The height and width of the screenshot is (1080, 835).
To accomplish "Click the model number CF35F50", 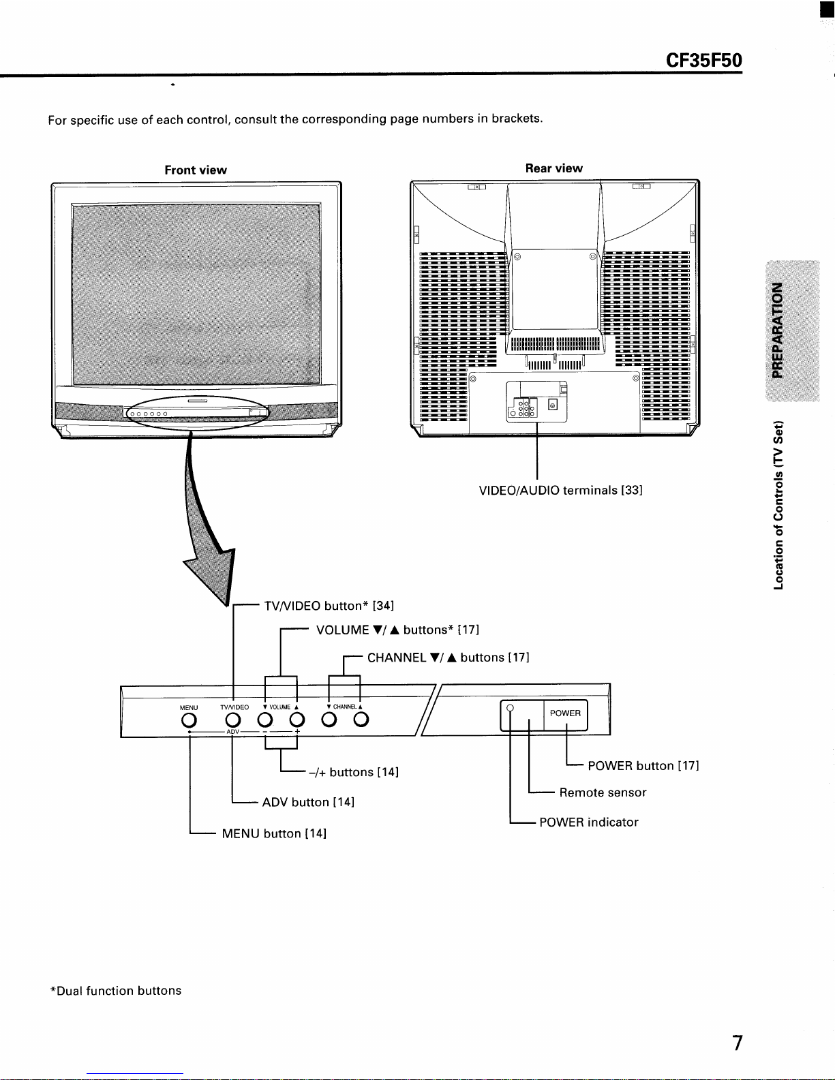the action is (x=703, y=60).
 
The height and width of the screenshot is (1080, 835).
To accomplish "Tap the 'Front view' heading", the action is (x=196, y=170).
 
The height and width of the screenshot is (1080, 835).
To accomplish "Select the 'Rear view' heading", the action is (x=553, y=168).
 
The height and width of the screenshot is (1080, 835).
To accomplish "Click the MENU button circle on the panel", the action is (x=189, y=720).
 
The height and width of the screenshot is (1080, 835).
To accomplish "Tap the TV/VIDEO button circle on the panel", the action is (x=232, y=720).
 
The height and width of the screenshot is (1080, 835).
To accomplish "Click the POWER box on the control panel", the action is (x=566, y=715).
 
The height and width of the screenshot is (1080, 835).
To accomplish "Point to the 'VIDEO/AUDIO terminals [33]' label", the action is (x=560, y=490).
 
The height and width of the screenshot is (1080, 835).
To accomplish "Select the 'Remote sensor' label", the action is (x=603, y=792).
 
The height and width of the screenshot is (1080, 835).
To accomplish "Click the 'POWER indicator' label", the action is (x=589, y=822).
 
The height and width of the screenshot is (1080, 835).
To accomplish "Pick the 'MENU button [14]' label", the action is (x=274, y=833).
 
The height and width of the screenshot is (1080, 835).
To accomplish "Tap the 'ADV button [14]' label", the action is (x=308, y=802).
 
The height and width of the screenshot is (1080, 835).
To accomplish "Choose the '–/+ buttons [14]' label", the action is (x=353, y=772).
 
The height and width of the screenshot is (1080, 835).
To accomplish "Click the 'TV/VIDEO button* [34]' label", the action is (x=329, y=606).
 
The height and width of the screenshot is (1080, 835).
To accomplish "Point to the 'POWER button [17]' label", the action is (x=643, y=765).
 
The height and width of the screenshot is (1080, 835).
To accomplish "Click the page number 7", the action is (x=738, y=1043).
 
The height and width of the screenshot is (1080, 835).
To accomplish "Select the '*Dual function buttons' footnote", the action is (x=116, y=991).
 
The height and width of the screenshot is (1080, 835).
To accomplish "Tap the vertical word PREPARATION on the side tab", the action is (x=777, y=330).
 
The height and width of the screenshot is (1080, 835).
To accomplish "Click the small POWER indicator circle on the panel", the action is (x=510, y=708).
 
